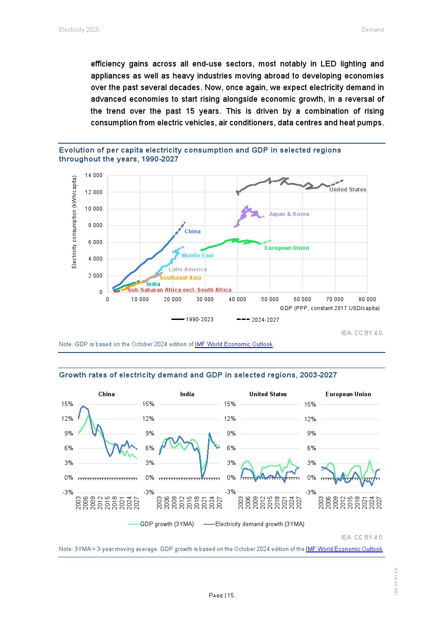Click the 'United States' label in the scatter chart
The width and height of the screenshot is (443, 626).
coord(347,190)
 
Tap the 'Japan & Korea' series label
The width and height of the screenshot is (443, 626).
coord(288,214)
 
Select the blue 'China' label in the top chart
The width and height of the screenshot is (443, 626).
coord(192,232)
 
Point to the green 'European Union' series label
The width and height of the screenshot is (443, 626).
coord(287,248)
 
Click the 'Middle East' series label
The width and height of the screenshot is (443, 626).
coord(197,256)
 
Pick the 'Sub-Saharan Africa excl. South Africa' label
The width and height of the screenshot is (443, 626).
coord(180,290)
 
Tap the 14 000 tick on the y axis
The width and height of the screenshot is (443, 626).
coord(94,175)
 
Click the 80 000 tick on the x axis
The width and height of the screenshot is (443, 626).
coord(367,299)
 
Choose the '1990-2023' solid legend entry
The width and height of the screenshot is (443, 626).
coord(192,319)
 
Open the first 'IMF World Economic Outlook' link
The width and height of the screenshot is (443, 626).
coord(234,344)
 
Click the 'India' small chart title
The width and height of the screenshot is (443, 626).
coord(187,394)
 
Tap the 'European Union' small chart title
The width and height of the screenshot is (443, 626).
coord(348,394)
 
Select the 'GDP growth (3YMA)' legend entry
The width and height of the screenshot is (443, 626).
coord(161,524)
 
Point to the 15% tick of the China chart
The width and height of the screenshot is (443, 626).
coord(67,404)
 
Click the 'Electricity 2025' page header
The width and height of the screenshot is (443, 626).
coord(79,30)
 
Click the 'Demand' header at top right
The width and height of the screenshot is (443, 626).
coord(372,30)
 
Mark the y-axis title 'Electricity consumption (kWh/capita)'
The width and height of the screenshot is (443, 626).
coord(75,222)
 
